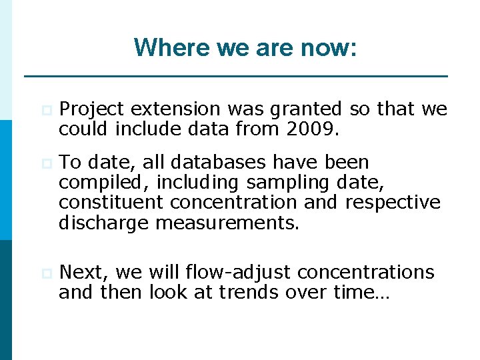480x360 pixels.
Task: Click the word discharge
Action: tap(104, 222)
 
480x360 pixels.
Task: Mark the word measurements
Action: tap(227, 222)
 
